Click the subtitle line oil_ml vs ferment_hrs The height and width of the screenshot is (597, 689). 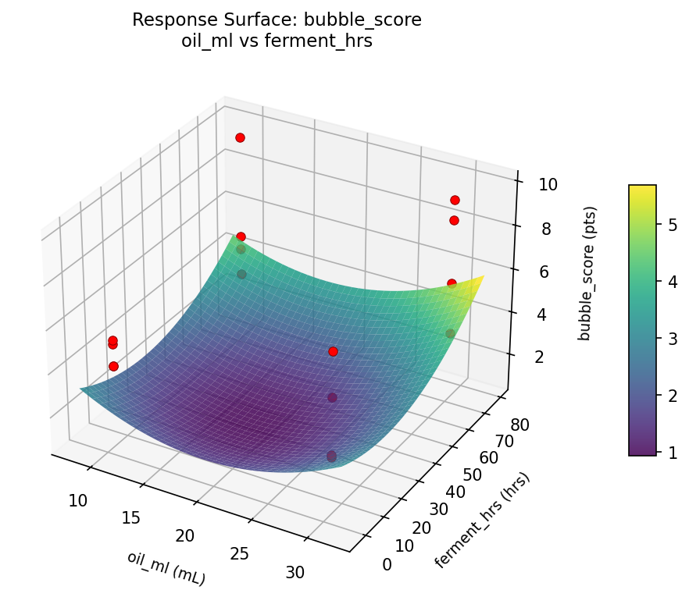point(277,41)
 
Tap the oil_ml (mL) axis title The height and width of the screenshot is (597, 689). point(166,567)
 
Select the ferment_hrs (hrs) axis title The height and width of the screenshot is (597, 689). point(482,521)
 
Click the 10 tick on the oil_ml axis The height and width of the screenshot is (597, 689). point(77,500)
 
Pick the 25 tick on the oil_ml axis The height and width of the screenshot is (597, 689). point(240,553)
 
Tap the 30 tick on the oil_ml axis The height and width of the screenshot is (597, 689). point(295,571)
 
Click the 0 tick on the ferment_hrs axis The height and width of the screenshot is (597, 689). point(387,564)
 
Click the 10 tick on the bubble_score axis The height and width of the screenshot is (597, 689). point(548,185)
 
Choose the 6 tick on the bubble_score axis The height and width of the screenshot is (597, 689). point(543,272)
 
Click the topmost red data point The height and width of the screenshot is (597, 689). point(240,137)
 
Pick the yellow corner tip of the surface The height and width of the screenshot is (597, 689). point(484,276)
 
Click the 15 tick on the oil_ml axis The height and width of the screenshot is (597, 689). point(131,517)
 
